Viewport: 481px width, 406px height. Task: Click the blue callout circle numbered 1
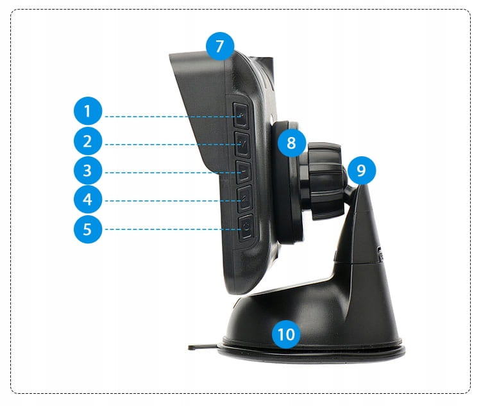[x=88, y=111]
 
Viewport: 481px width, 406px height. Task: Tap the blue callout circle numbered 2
[x=88, y=142]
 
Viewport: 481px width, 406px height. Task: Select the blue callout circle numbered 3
[x=88, y=170]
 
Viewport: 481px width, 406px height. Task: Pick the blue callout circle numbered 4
[x=88, y=199]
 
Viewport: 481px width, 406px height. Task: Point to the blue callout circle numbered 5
[x=88, y=229]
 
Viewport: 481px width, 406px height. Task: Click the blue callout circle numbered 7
[x=219, y=46]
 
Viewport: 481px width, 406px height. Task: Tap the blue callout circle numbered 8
[x=291, y=143]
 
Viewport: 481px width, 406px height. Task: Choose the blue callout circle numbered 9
[x=362, y=170]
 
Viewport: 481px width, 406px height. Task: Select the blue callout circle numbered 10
[x=286, y=334]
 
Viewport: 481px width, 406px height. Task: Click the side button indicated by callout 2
[x=242, y=144]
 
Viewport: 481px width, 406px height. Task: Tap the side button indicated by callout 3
[x=244, y=172]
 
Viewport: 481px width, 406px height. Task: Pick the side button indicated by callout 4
[x=245, y=199]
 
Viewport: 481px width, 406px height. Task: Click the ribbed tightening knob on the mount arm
[x=325, y=181]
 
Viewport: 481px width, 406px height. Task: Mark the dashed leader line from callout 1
[x=174, y=117]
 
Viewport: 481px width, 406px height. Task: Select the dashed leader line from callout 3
[x=174, y=173]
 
